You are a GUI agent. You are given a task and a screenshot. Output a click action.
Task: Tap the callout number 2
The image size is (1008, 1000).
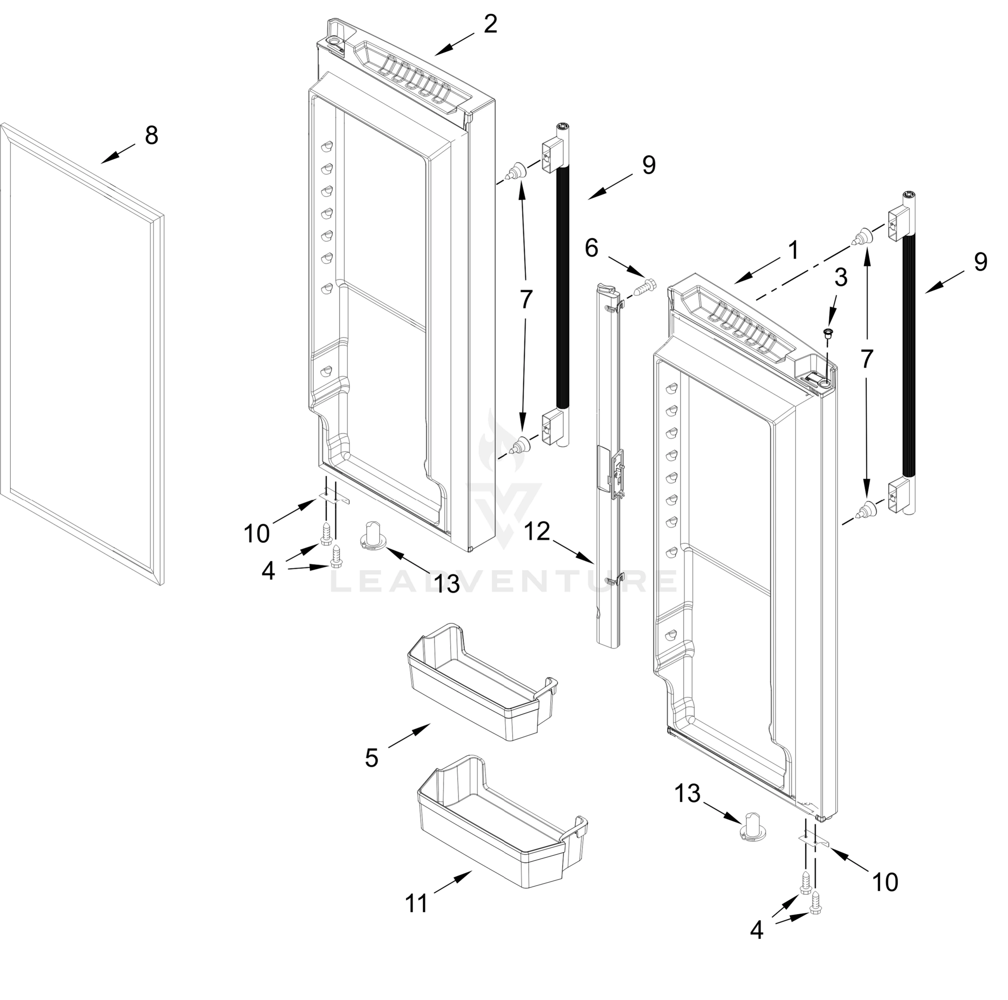coord(490,25)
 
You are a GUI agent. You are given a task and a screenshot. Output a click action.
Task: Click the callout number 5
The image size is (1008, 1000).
coord(371,757)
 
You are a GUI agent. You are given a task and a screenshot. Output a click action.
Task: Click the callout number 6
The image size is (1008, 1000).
coord(591,248)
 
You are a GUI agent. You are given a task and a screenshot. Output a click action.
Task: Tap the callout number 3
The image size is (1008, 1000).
coord(840,278)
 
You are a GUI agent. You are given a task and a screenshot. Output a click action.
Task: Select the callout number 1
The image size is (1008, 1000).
coord(793,250)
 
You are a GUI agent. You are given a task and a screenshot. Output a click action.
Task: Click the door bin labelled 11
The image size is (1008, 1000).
coord(501,824)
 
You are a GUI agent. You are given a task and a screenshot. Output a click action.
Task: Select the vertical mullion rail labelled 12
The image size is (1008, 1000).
coord(608,469)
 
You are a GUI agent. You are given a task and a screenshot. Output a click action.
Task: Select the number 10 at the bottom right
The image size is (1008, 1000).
coord(885,882)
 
